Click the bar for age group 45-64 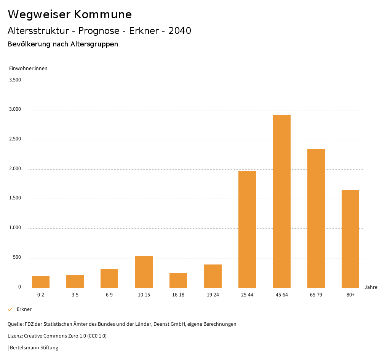click(x=281, y=201)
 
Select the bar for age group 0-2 click(x=41, y=282)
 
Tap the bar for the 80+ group click(x=350, y=239)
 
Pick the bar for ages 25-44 click(x=247, y=229)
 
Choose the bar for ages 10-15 click(x=144, y=272)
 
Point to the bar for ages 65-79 click(x=316, y=218)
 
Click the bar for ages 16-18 click(x=178, y=280)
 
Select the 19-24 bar click(x=213, y=276)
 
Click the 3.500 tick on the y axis click(x=15, y=80)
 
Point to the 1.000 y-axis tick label click(x=15, y=228)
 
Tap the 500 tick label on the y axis click(x=17, y=258)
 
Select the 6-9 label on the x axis click(x=109, y=295)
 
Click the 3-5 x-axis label click(x=75, y=295)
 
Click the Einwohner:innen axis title click(x=28, y=68)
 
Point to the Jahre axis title click(x=371, y=287)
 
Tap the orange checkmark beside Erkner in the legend click(x=10, y=309)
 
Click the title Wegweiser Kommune click(x=70, y=14)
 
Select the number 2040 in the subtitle click(x=180, y=31)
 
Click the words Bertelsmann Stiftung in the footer click(x=34, y=347)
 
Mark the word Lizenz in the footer click(x=15, y=336)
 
